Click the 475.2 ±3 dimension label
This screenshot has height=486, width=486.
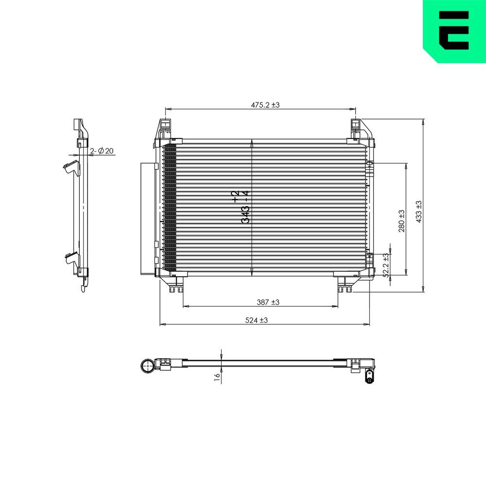click(265, 104)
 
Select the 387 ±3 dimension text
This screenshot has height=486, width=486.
click(268, 302)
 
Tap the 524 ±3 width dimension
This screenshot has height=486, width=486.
click(257, 320)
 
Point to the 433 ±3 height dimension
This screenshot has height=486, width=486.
click(419, 211)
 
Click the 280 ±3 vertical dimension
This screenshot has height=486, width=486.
click(401, 221)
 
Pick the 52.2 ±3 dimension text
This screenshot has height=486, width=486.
click(386, 265)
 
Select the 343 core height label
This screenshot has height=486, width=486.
click(241, 207)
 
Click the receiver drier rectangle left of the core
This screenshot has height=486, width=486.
click(148, 219)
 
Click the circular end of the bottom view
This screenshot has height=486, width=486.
click(147, 366)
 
